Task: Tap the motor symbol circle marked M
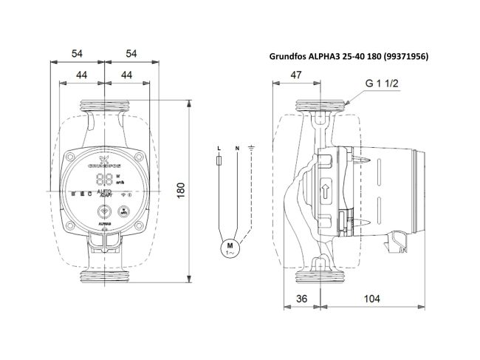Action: click(229, 246)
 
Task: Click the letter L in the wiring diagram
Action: click(219, 149)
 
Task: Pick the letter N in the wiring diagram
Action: click(236, 149)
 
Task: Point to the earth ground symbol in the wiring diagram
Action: click(252, 149)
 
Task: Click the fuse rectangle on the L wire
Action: click(219, 163)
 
